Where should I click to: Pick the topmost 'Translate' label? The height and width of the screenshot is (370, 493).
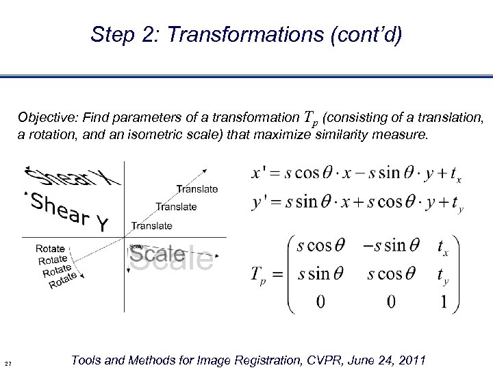(197, 188)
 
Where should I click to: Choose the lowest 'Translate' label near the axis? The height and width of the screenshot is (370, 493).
(151, 225)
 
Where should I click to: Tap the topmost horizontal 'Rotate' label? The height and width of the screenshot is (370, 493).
(50, 249)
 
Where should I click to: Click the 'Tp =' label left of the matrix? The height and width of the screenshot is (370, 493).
(264, 275)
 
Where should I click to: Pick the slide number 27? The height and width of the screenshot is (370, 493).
(8, 363)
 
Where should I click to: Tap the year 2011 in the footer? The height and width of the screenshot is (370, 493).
(412, 360)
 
